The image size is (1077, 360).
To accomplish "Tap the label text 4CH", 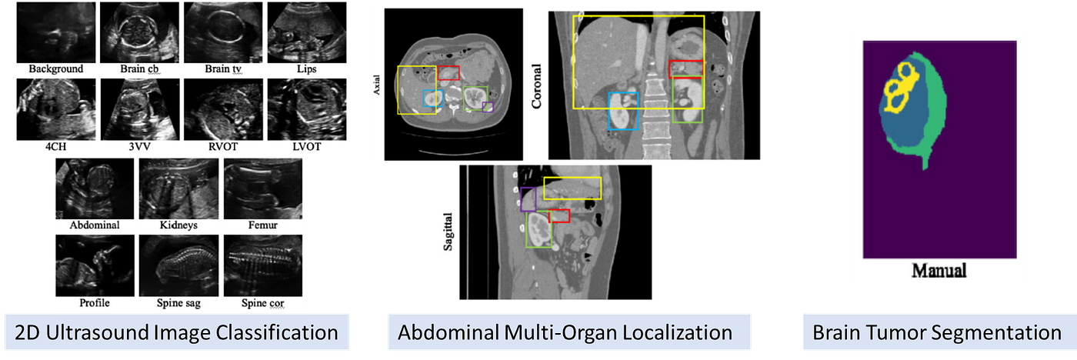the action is coord(56,145).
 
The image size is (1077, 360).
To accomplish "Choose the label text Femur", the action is coord(262,226).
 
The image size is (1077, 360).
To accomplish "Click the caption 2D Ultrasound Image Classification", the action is coord(178,333).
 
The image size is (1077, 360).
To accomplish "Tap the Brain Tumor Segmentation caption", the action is coord(936,333).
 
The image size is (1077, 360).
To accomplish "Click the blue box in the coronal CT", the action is coord(623,111).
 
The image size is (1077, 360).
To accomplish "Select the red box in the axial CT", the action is coord(448,72).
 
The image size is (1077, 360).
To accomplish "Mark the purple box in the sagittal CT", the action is coord(528,199).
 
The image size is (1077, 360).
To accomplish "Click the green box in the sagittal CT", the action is coord(538,230).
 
